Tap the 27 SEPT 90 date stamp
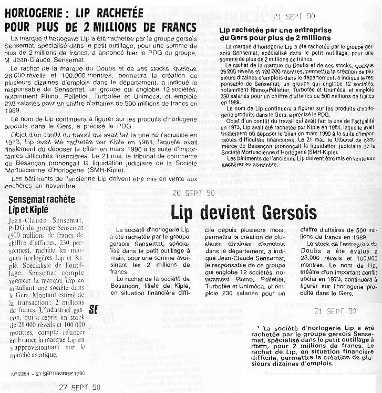[x=79, y=387]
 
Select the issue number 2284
[x=27, y=374]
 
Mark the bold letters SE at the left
[x=94, y=309]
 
